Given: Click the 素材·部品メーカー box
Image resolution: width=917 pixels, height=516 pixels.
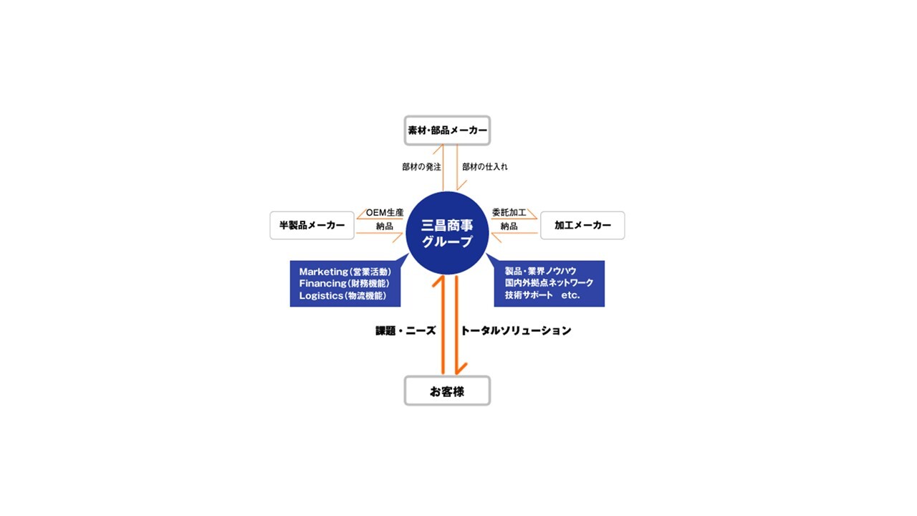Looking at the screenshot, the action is (x=447, y=130).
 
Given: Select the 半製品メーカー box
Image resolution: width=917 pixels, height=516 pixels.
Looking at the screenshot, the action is (x=312, y=225).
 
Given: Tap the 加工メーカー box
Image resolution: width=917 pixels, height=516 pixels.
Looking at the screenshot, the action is (x=582, y=225).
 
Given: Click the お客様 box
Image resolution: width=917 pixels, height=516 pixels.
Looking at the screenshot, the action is (x=447, y=391).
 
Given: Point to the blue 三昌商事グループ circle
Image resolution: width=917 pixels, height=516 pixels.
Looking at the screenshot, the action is (x=447, y=233).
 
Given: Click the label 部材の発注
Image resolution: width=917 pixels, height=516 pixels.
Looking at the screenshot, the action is (x=421, y=167).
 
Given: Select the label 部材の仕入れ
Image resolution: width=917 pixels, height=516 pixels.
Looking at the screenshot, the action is (x=485, y=167).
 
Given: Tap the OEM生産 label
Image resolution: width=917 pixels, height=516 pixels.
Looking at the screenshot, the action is (x=385, y=213).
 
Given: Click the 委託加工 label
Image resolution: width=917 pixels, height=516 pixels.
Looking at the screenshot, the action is (x=509, y=213).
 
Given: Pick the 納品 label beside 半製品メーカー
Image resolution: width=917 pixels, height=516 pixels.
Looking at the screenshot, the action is (x=385, y=226).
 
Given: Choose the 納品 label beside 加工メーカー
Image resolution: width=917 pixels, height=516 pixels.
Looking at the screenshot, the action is (x=509, y=226).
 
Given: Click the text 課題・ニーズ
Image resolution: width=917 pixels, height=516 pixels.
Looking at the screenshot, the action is (x=405, y=331).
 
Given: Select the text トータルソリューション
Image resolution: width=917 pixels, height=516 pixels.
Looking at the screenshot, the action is (x=516, y=331).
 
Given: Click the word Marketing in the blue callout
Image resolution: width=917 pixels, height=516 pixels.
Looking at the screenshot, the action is (x=323, y=272).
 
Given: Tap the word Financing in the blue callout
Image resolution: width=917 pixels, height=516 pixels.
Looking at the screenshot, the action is (x=322, y=283).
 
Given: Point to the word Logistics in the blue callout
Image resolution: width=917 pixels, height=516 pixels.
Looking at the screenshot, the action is (x=321, y=296).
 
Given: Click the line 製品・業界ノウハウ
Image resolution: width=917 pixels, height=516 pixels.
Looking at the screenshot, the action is (x=540, y=271).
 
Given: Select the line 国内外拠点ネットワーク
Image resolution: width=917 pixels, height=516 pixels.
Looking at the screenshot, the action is (x=549, y=283).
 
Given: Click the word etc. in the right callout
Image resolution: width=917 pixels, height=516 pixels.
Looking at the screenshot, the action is (x=570, y=295).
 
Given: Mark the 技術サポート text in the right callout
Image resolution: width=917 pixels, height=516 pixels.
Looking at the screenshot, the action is (x=529, y=295).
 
